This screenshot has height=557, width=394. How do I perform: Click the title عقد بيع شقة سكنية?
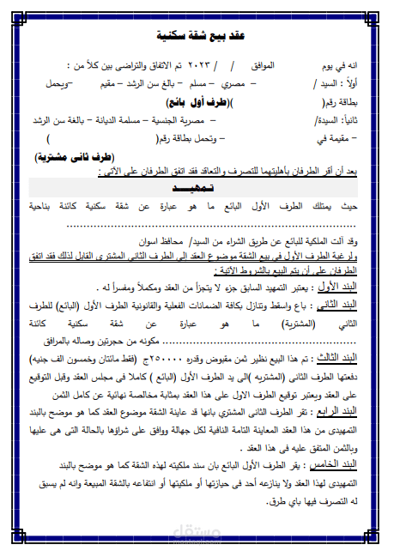(x=197, y=37)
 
